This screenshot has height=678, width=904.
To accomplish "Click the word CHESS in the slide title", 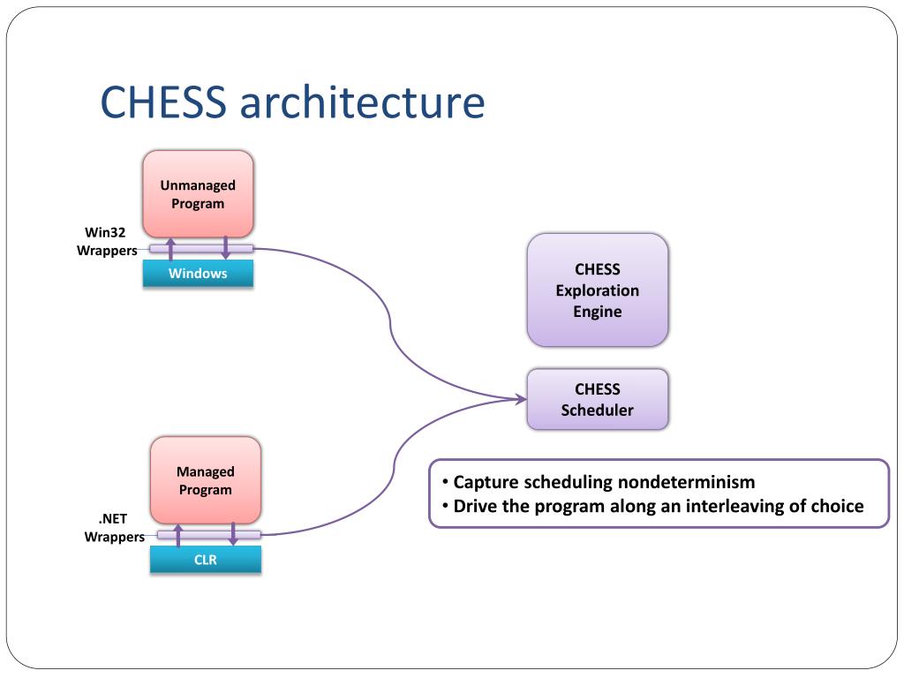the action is [x=163, y=102].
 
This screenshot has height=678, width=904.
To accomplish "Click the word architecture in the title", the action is [x=362, y=102].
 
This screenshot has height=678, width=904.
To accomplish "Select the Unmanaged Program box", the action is [x=198, y=194].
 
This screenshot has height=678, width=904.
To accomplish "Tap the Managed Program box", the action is [x=205, y=480].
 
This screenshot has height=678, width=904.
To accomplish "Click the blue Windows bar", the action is [x=198, y=274].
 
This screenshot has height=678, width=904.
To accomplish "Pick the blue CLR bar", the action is [x=205, y=559].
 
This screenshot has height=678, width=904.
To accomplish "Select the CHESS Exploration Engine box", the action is [x=598, y=290].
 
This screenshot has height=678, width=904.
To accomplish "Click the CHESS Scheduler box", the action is [x=598, y=400].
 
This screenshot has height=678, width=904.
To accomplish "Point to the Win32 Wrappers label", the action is [x=107, y=241].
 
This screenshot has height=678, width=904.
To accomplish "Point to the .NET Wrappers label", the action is [x=114, y=528].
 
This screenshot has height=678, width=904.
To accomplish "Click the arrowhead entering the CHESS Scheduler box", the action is [x=521, y=399].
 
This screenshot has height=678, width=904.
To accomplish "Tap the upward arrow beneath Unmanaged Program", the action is [x=170, y=248].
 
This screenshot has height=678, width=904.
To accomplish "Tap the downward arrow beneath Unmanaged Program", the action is [x=225, y=248].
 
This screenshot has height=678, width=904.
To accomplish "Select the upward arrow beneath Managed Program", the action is [x=178, y=535].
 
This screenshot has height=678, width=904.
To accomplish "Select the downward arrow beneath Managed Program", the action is [x=233, y=534].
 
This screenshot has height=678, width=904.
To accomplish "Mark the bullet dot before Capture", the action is [x=445, y=481].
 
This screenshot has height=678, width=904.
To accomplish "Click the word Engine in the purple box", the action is [x=598, y=312].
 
